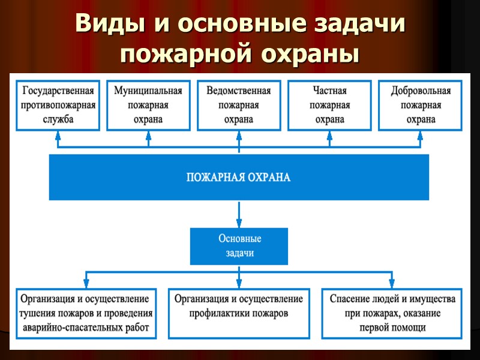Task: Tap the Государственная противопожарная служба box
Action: [58, 105]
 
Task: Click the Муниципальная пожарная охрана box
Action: [148, 105]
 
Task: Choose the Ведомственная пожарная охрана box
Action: [238, 105]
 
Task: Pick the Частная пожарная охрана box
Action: [329, 105]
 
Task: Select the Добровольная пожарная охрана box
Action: [421, 105]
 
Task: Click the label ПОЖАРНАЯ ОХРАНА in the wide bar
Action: [238, 178]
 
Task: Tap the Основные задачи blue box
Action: [239, 245]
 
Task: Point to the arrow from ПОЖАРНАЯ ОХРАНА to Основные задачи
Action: [239, 214]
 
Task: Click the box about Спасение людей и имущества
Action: [392, 313]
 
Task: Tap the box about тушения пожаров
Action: [86, 313]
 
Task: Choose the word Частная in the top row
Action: [329, 91]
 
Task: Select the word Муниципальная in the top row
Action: [148, 91]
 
